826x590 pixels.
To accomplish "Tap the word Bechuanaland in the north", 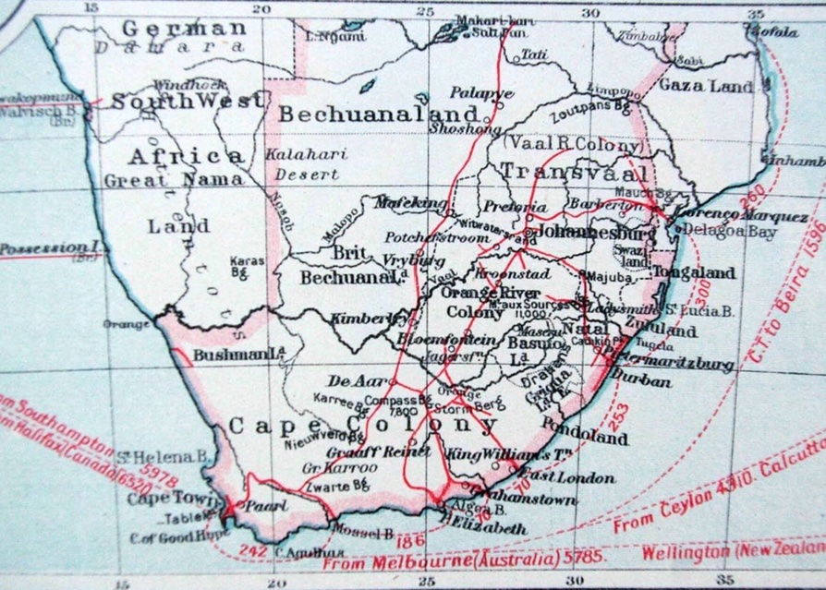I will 379,115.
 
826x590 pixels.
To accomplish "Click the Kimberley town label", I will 370,319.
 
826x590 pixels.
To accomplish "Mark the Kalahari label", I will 307,154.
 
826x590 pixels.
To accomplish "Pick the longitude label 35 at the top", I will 757,13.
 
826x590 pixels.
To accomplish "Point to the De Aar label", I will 348,381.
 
